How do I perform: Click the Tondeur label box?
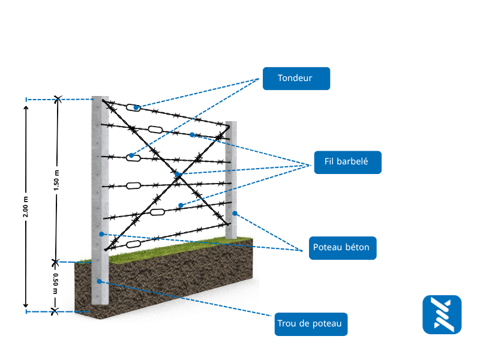tap(296, 79)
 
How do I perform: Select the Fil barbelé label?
tap(347, 162)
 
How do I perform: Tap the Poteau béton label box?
tap(343, 247)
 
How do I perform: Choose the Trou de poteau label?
tap(310, 324)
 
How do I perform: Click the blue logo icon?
tap(442, 314)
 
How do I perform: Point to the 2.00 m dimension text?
tap(26, 208)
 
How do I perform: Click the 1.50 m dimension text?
tap(56, 180)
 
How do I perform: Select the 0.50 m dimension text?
tap(55, 284)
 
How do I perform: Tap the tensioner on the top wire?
tap(134, 107)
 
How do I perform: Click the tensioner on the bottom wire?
tap(133, 244)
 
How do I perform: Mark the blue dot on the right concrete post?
tap(235, 213)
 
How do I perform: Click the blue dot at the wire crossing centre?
tap(178, 175)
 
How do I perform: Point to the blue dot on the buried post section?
tap(99, 280)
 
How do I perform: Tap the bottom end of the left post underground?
tap(100, 304)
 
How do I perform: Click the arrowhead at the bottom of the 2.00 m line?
tap(26, 305)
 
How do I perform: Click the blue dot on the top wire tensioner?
tap(136, 108)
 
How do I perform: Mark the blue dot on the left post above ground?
tap(102, 234)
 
